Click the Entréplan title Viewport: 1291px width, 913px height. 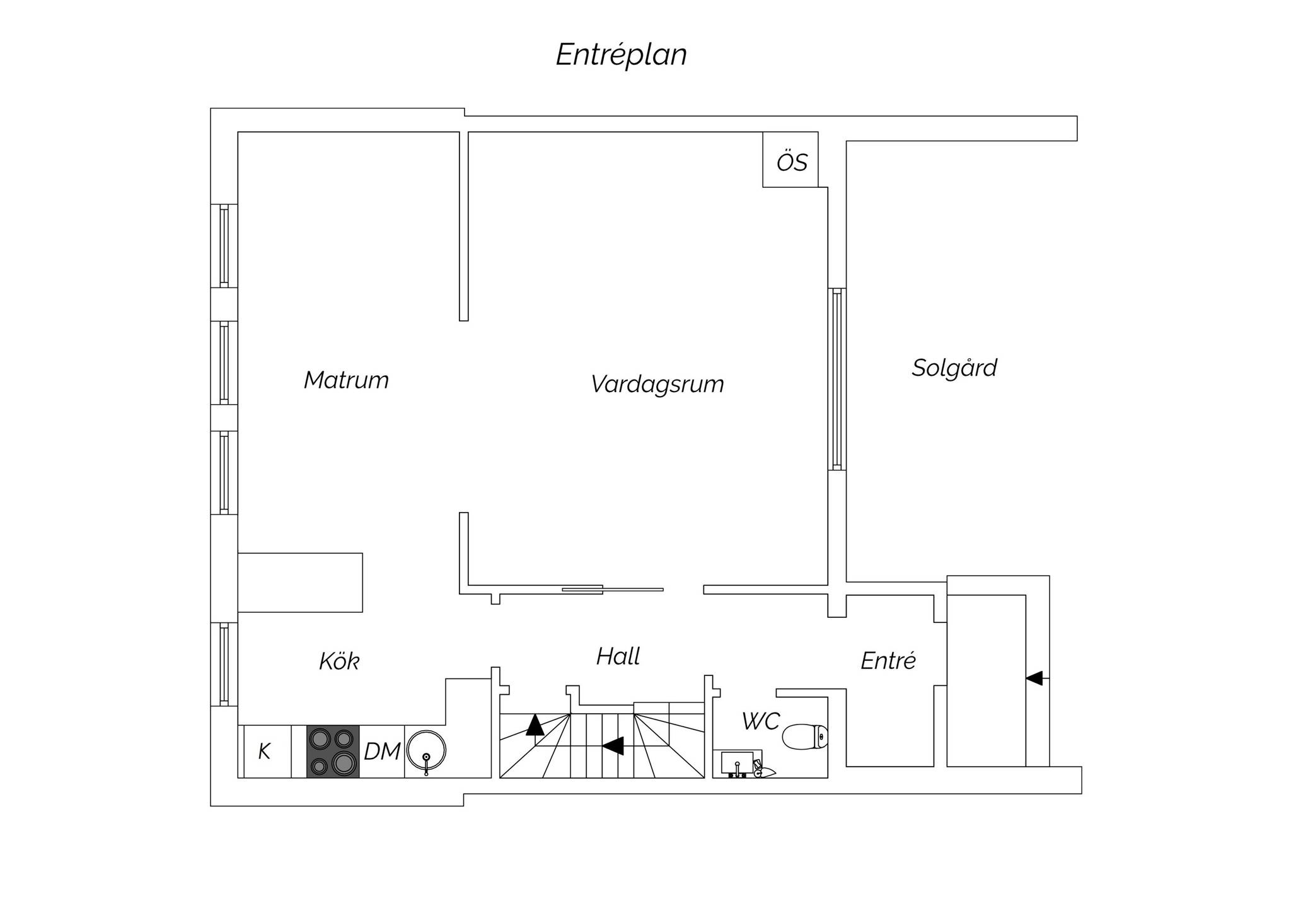click(x=621, y=55)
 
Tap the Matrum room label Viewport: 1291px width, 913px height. click(x=346, y=380)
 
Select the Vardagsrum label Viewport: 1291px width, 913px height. click(x=657, y=384)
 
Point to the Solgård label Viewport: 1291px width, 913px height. click(x=954, y=368)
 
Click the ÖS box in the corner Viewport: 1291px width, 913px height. click(x=790, y=160)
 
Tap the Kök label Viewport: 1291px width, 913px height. click(x=339, y=661)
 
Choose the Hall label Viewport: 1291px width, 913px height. click(x=618, y=656)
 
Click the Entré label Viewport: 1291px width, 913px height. click(x=888, y=661)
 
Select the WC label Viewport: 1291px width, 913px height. click(x=761, y=721)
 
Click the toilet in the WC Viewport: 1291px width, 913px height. click(x=805, y=736)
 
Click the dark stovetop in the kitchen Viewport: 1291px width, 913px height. click(x=333, y=751)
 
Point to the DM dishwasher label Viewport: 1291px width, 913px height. click(x=382, y=752)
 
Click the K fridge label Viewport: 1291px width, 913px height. click(x=265, y=752)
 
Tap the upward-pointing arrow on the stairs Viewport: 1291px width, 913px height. click(x=535, y=724)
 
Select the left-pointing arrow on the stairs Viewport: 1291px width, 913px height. click(x=613, y=746)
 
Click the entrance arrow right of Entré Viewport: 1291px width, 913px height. click(x=1037, y=678)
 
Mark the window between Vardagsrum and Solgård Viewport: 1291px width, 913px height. click(x=837, y=379)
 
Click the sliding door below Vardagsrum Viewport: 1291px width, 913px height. click(x=613, y=590)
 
